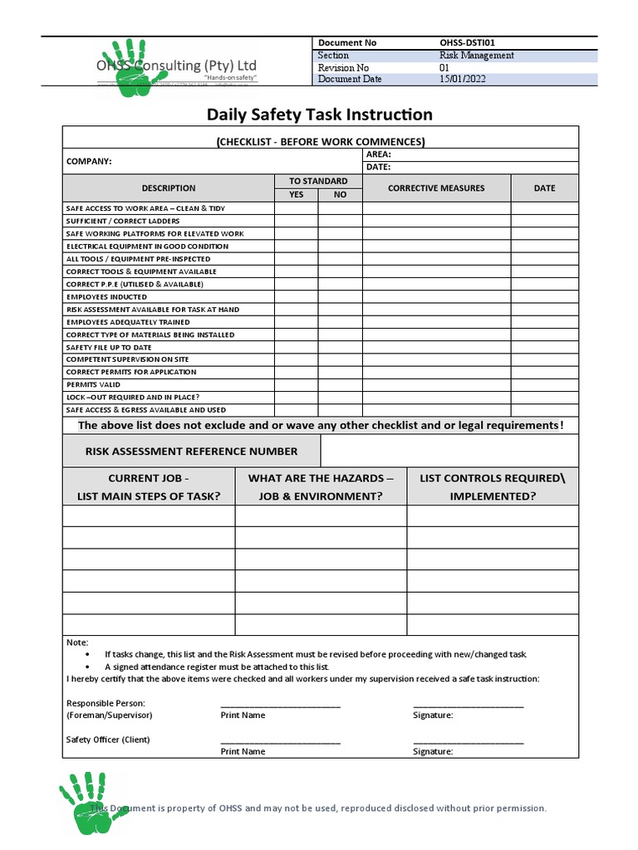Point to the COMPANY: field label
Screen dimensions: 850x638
point(89,161)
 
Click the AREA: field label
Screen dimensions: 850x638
point(379,154)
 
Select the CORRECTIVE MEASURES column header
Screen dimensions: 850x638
point(436,188)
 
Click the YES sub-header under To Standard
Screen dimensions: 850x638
point(297,195)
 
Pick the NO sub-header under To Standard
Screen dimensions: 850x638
point(340,195)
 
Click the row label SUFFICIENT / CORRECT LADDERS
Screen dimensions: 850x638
point(123,221)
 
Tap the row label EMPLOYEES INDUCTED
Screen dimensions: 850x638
point(106,296)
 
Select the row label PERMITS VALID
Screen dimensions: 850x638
point(93,384)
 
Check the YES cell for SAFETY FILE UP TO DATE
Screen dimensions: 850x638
point(297,347)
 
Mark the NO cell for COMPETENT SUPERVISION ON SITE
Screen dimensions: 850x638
point(340,359)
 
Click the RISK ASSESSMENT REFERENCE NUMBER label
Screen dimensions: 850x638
point(191,452)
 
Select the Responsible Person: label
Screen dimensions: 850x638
point(106,703)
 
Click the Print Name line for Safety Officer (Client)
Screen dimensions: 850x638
point(280,741)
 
